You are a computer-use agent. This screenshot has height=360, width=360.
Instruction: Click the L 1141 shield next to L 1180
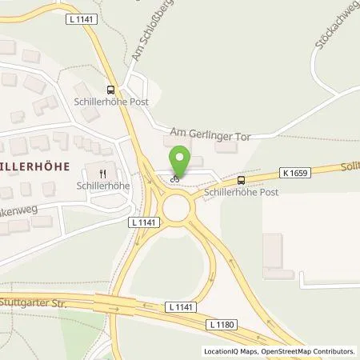click(x=181, y=306)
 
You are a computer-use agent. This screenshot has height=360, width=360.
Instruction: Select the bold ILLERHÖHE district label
click(x=35, y=165)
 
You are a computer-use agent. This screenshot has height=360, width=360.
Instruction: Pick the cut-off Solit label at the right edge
click(x=350, y=165)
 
